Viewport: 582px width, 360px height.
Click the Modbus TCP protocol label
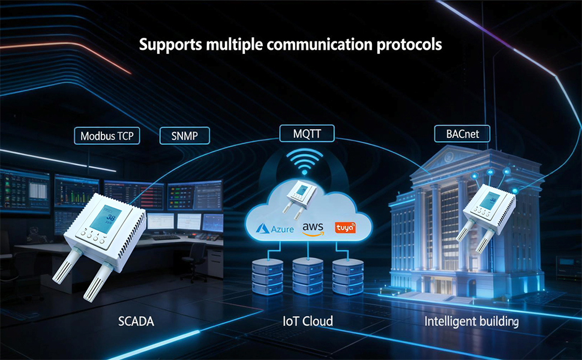pos(107,136)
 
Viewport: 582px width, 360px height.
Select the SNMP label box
pos(187,136)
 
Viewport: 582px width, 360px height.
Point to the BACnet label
pos(463,134)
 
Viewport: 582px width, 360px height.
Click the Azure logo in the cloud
pos(277,229)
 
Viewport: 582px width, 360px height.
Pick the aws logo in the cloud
pos(313,229)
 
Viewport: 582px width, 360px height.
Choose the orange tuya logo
pos(345,228)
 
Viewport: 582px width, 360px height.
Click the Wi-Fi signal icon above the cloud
pos(305,161)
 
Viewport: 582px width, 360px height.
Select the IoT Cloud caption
pos(308,322)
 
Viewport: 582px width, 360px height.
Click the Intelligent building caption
pos(471,322)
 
